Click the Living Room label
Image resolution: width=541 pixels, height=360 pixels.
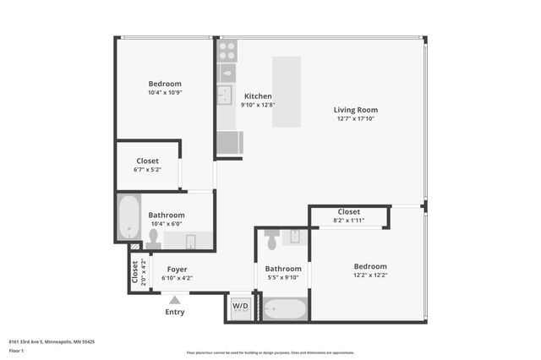(x=355, y=110)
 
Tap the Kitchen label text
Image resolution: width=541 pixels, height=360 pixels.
(x=258, y=96)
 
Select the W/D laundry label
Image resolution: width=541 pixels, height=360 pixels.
(x=241, y=306)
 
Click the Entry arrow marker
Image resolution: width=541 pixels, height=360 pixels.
(x=175, y=298)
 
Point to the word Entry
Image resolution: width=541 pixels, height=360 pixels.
(x=175, y=312)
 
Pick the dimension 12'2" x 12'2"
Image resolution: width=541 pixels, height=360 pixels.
(x=370, y=275)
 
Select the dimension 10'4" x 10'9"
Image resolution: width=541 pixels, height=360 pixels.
(x=165, y=92)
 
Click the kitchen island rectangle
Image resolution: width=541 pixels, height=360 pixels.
(x=287, y=92)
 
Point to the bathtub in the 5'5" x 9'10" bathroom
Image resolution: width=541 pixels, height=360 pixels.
(x=284, y=308)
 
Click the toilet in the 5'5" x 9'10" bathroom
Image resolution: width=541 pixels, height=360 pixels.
(x=271, y=242)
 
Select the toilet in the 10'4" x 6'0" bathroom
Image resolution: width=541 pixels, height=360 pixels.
(x=154, y=239)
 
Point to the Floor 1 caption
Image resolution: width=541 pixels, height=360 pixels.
(x=15, y=350)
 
